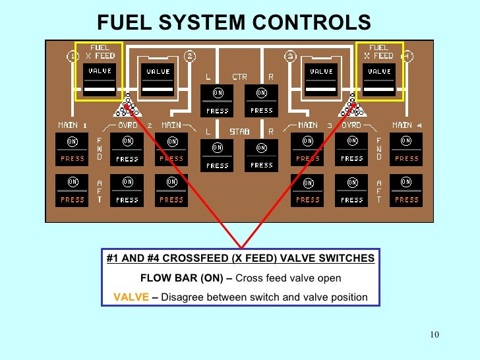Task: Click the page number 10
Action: point(433,335)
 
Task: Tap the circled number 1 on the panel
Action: point(73,57)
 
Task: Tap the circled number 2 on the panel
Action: point(189,57)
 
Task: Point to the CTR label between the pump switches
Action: point(239,77)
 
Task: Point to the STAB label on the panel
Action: point(239,131)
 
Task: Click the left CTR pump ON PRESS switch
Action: point(217,101)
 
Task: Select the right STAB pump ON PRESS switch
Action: point(261,156)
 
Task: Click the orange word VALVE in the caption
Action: point(131,297)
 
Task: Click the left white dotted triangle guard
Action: point(128,105)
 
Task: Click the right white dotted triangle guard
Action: point(350,105)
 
